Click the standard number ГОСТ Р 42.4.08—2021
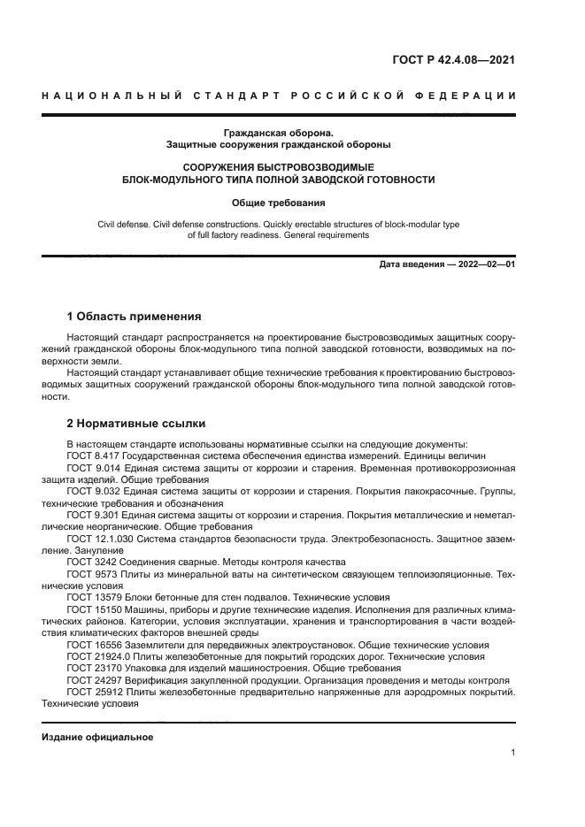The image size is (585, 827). point(453,60)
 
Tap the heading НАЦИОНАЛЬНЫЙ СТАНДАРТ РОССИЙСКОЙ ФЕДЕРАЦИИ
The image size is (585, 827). point(279,96)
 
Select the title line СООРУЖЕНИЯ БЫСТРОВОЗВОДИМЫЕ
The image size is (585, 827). point(278,166)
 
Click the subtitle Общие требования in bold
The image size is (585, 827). point(278,203)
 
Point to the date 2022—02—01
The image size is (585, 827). point(486,264)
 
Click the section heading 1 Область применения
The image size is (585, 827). point(135,316)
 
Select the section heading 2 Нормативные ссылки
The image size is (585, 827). point(136,423)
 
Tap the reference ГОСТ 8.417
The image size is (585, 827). point(93,456)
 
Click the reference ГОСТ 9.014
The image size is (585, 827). point(93,467)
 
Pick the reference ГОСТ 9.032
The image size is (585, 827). point(93,491)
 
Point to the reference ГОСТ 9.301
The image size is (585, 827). point(93,515)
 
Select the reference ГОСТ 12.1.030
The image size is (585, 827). point(99,538)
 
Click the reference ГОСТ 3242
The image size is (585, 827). point(90,562)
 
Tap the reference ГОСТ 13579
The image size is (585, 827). point(93,597)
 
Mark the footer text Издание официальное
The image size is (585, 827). point(97,737)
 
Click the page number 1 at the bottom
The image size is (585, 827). point(512,753)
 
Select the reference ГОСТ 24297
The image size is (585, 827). point(93,680)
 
